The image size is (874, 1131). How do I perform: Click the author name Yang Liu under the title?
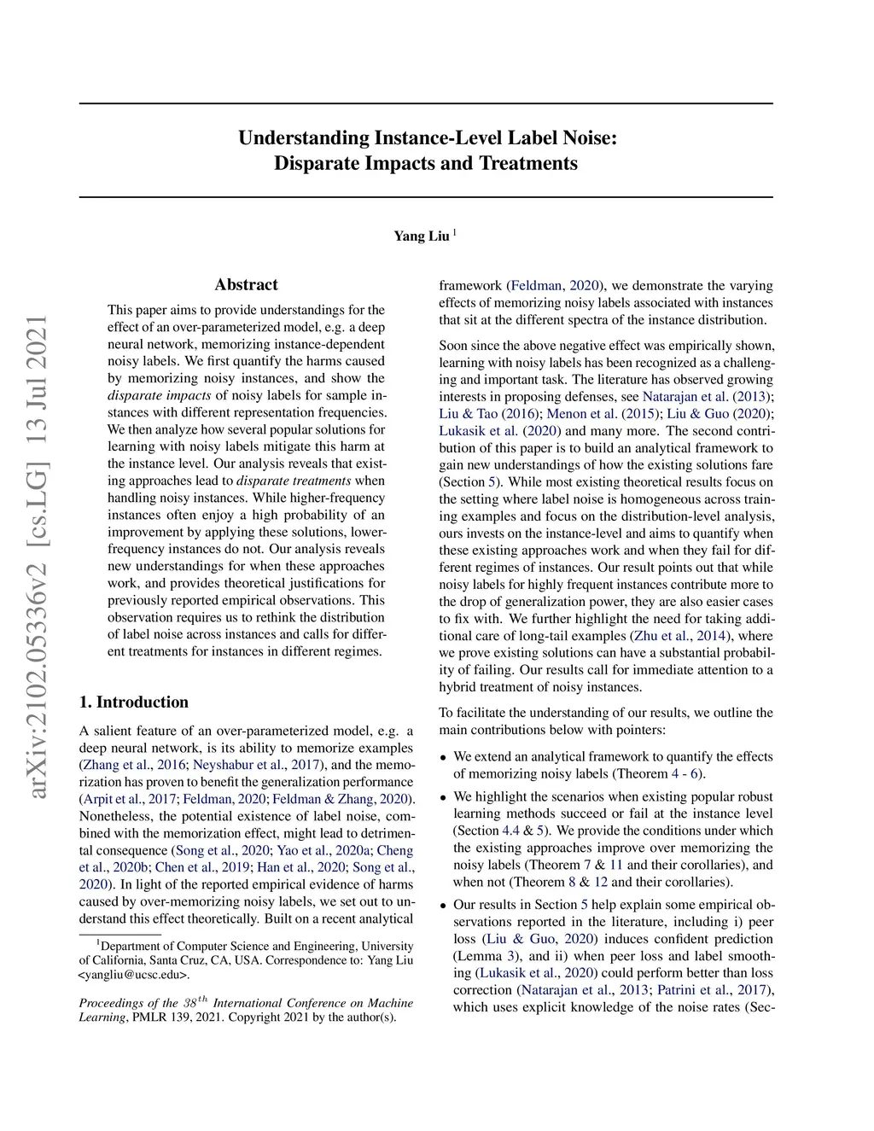coord(421,236)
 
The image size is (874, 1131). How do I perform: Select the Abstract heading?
coord(246,285)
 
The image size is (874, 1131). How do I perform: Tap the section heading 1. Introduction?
coord(134,703)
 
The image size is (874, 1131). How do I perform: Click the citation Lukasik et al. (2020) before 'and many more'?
coord(500,431)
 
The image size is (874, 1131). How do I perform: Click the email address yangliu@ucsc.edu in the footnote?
coord(134,975)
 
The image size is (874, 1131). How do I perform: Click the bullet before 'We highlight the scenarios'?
coord(443,797)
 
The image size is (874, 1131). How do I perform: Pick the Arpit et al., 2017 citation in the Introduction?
coord(129,799)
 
